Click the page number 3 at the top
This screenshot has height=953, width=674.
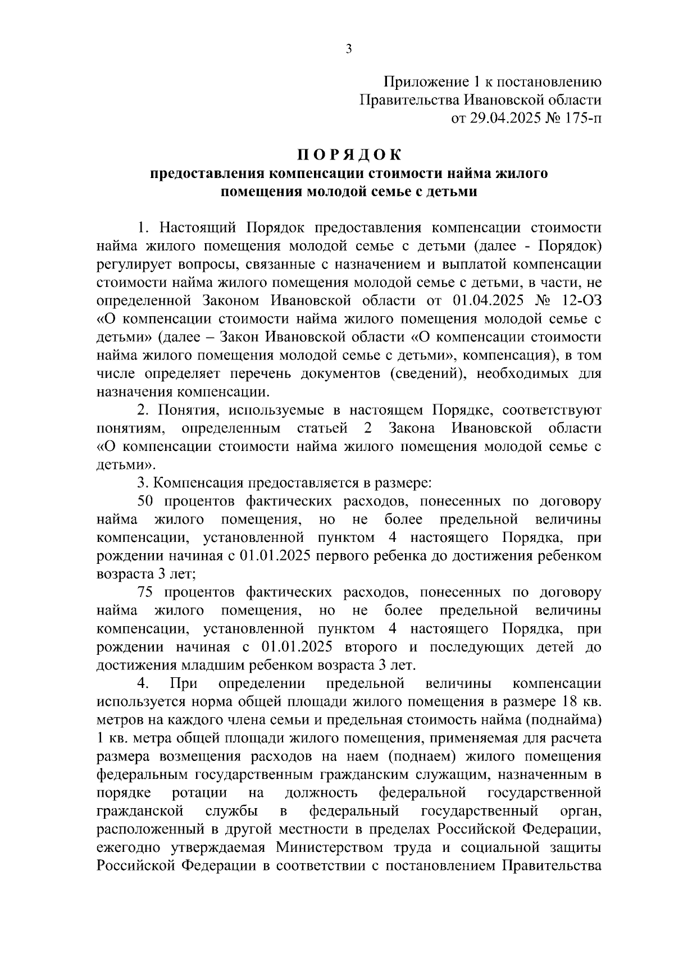coord(348,49)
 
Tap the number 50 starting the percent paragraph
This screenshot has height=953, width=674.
coord(145,501)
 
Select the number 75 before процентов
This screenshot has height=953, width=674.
coord(145,592)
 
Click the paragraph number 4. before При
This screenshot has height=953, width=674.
coord(143,683)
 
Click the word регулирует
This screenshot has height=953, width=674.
coord(133,265)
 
